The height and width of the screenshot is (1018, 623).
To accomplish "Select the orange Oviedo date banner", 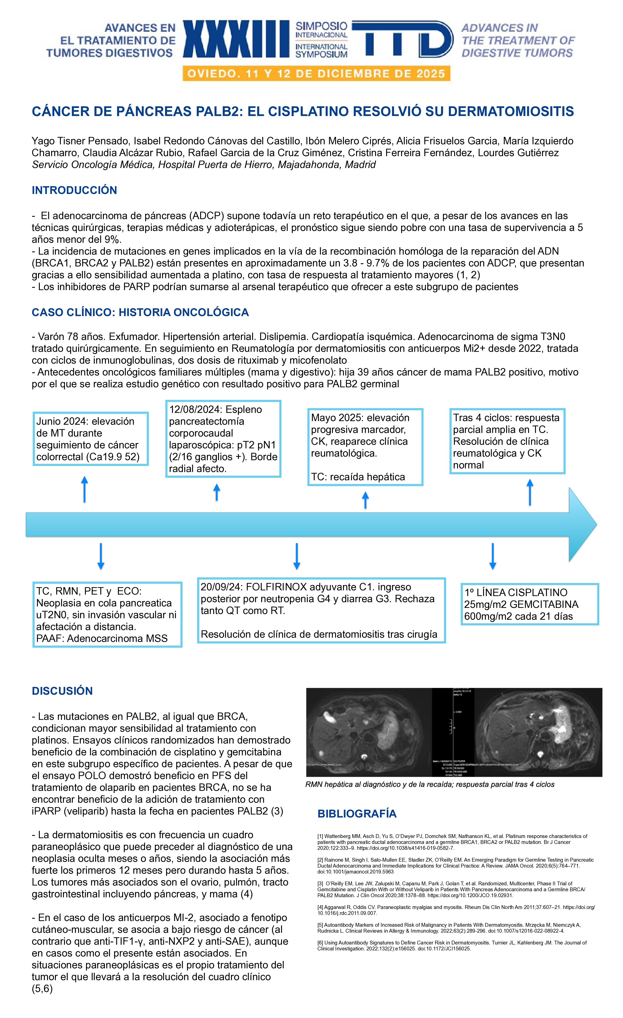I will click(x=316, y=74).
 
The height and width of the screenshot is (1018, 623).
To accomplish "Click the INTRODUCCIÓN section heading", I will click(x=74, y=190).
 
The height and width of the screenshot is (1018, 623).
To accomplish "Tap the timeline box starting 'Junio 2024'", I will click(x=90, y=439).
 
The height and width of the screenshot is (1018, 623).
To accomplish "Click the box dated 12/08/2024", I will click(x=223, y=439).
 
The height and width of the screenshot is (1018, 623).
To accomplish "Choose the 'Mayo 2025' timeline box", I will click(x=365, y=447).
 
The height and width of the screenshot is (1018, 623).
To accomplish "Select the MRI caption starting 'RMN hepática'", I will click(x=430, y=785).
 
